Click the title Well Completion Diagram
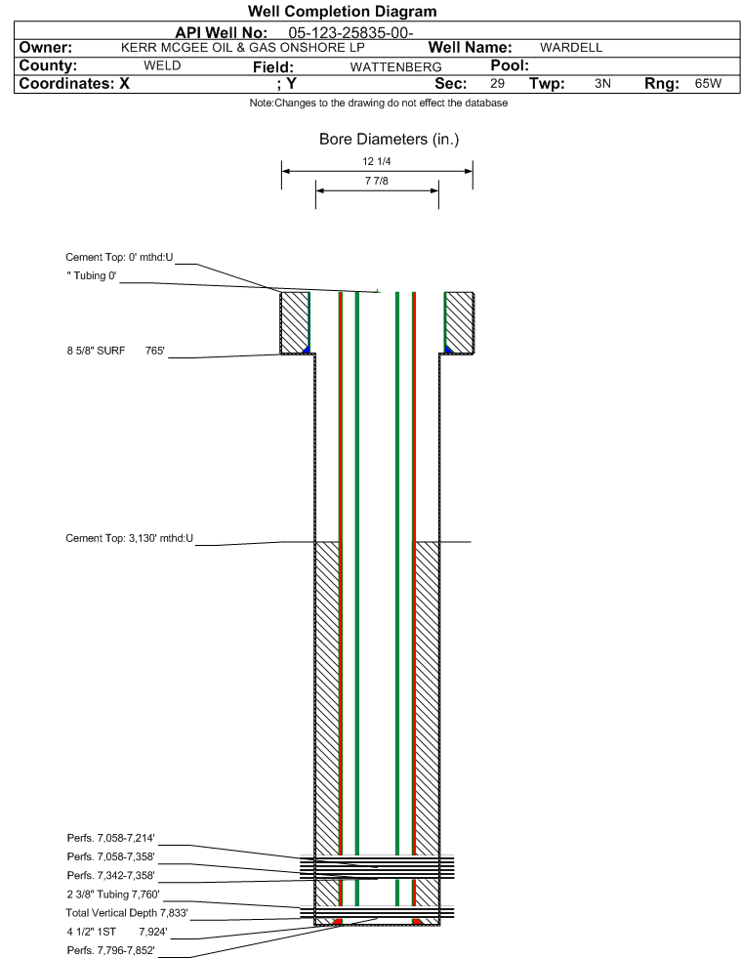342,11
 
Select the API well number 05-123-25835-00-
350,32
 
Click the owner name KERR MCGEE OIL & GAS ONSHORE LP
242,48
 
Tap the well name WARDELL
571,48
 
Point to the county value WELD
162,65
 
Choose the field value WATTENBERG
395,66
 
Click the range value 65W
708,83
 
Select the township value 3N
602,83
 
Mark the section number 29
497,83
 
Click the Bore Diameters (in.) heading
390,140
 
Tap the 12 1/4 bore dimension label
376,161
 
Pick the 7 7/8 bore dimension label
376,181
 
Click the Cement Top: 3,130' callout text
130,538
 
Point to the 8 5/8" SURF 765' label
116,351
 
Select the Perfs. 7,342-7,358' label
110,876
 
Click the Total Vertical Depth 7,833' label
127,913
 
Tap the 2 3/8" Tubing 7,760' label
113,895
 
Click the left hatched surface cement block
294,322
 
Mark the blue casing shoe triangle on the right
448,350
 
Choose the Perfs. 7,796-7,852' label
110,950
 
